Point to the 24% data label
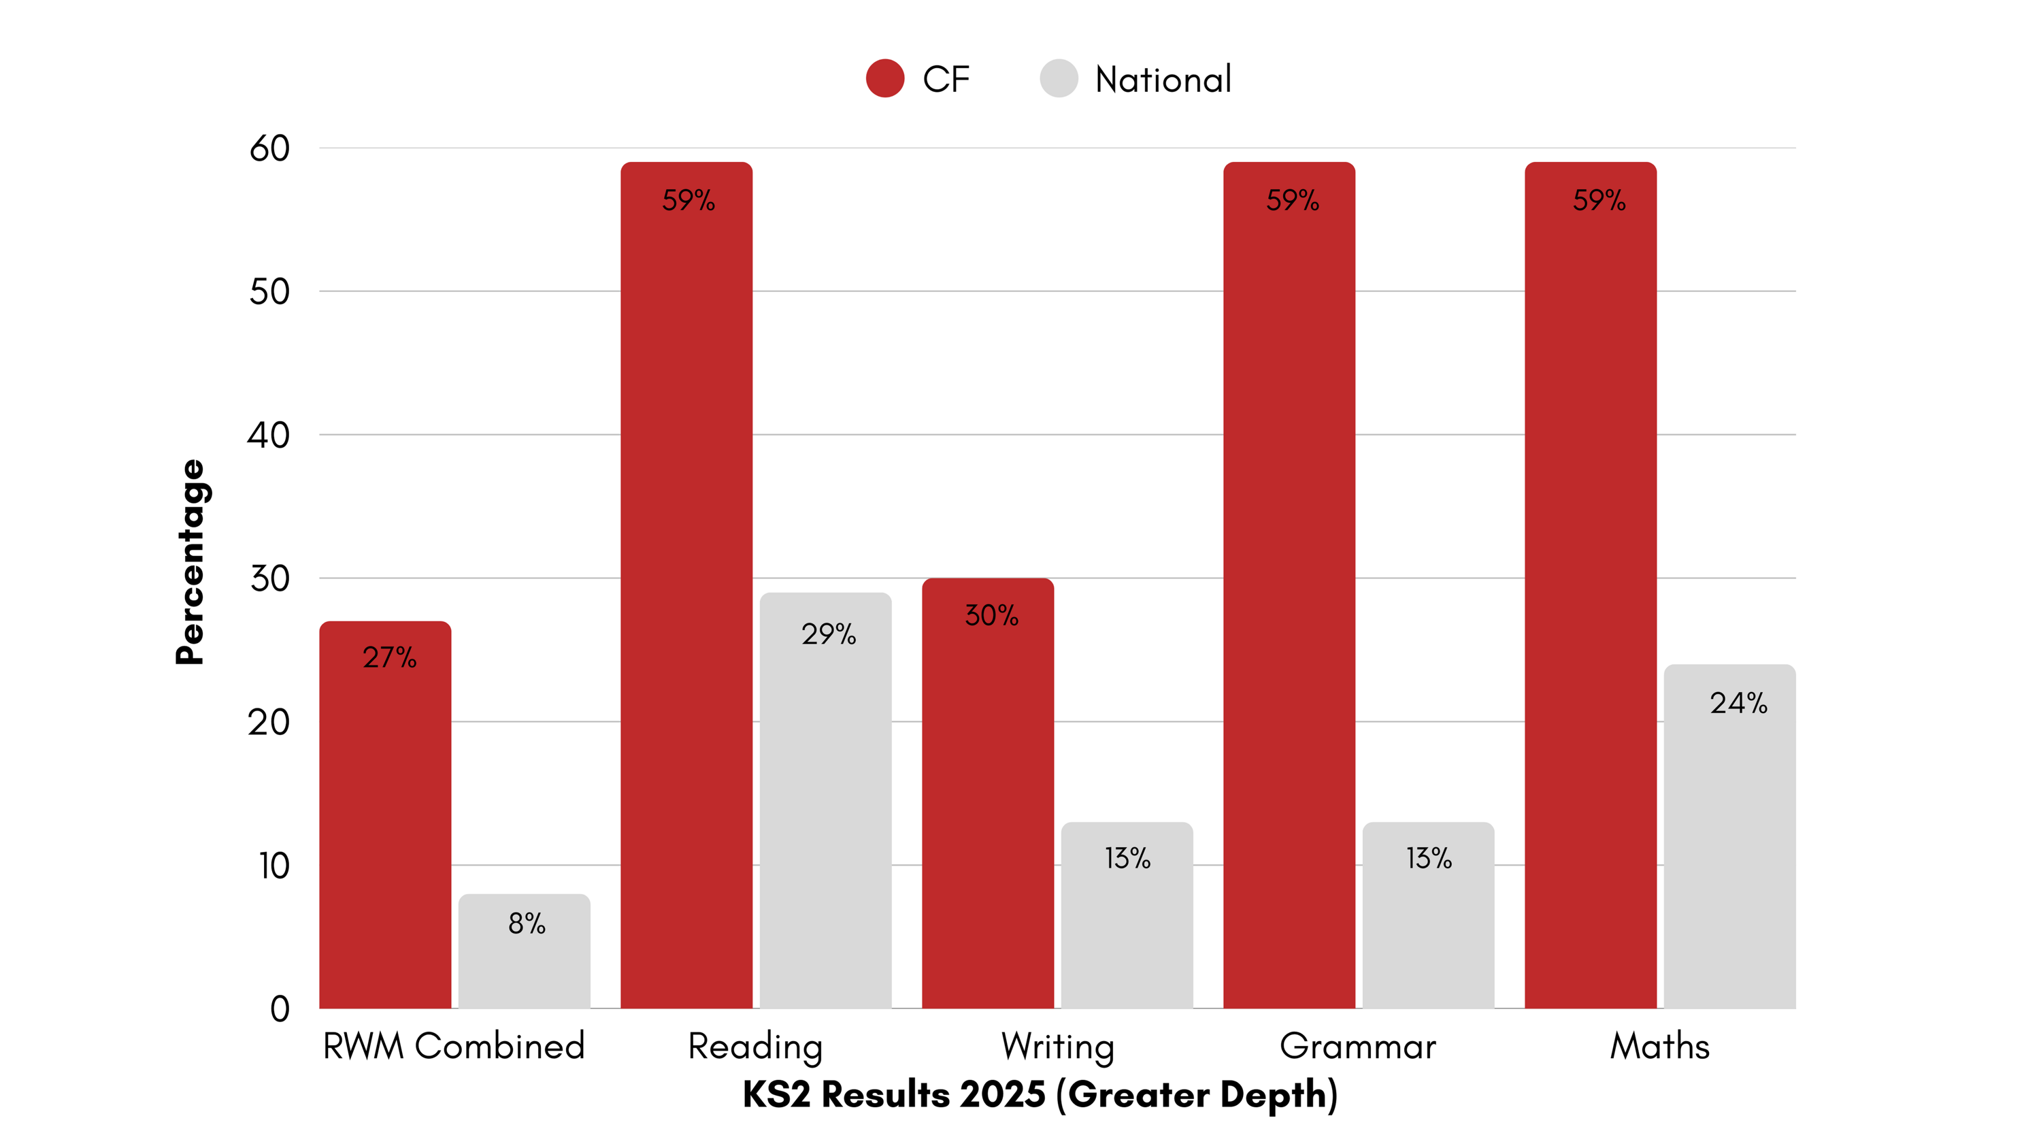1738,704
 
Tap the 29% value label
828,634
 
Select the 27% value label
389,657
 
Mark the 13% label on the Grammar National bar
1429,858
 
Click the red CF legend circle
885,78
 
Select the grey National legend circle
1059,78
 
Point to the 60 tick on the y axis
269,148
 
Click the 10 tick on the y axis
274,866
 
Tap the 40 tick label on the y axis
269,435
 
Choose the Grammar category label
1357,1047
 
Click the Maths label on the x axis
1660,1047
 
